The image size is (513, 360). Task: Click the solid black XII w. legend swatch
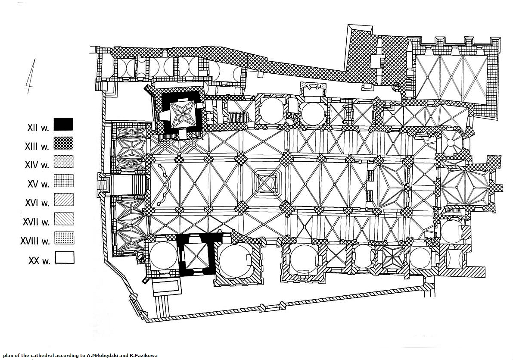pos(63,124)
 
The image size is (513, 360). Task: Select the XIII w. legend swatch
pos(63,143)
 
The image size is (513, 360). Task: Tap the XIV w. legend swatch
pos(63,162)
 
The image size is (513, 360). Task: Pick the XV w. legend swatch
pos(63,181)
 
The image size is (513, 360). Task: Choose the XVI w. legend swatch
pos(63,200)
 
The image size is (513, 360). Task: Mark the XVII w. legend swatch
pos(63,219)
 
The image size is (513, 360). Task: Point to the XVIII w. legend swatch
pos(64,238)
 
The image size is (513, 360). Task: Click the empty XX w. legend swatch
pos(65,257)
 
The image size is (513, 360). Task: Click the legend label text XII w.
pos(38,128)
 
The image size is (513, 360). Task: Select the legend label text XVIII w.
pos(35,241)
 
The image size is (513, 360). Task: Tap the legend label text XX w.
pos(39,261)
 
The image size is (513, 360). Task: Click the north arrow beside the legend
pos(31,76)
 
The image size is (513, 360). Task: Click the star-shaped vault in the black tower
pos(182,114)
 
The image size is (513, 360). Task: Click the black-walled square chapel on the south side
pos(195,255)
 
